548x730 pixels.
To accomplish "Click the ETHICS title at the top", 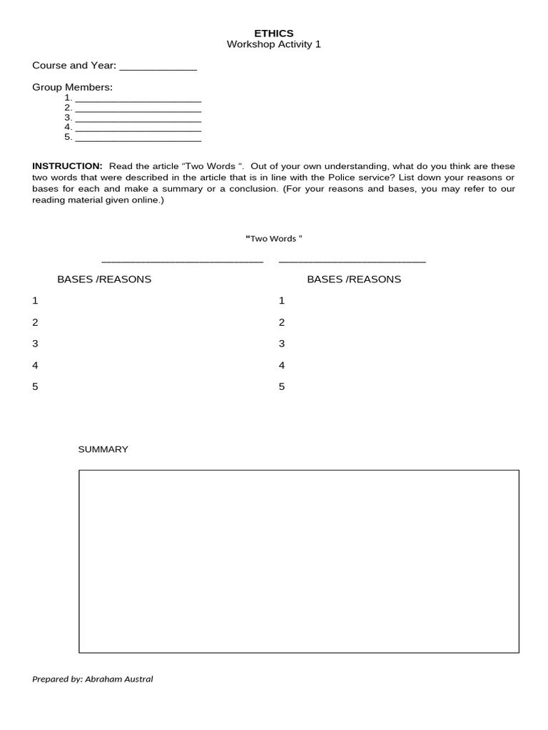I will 274,33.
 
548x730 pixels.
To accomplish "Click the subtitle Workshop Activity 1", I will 274,44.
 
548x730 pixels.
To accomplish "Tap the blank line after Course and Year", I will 158,69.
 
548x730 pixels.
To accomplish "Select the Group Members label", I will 72,87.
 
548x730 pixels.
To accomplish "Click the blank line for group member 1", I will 138,101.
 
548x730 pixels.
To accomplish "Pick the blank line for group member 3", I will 138,120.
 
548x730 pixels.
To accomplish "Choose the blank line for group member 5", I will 138,140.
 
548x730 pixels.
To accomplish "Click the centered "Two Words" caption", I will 274,239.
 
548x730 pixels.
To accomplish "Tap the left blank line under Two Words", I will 183,262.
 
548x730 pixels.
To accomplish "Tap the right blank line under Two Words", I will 352,262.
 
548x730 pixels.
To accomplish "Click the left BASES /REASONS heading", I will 104,279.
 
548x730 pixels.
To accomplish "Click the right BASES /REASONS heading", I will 354,279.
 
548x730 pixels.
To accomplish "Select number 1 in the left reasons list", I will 35,301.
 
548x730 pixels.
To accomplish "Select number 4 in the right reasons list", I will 281,365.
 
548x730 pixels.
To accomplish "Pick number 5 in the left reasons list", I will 35,386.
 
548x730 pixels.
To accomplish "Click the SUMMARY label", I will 103,449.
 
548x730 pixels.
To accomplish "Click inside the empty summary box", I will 298,561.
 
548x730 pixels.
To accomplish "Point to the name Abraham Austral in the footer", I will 118,679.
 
